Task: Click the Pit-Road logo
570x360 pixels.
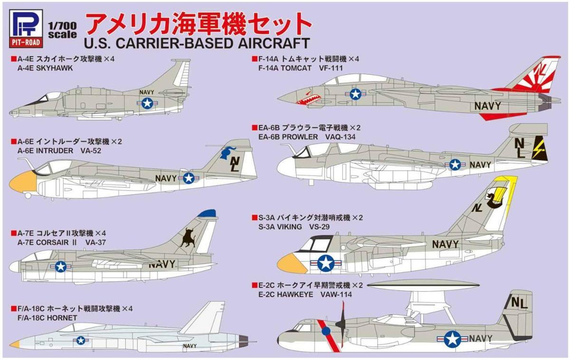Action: pos(26,28)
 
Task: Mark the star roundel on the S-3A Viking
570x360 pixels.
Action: pos(326,262)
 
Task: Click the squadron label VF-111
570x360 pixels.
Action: pos(331,68)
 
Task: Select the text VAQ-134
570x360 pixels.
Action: pos(340,137)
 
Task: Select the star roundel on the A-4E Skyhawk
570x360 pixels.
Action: pos(147,102)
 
